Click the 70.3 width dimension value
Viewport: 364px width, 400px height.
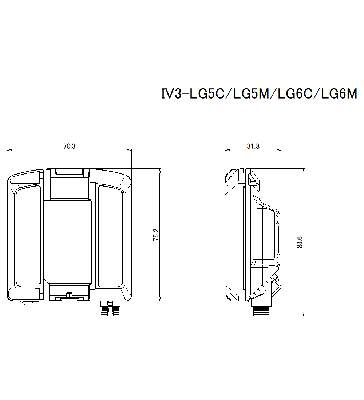coord(69,146)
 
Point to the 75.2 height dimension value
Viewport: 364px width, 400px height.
coord(155,235)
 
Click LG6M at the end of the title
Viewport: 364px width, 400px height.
coord(339,94)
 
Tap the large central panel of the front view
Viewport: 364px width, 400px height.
coord(67,242)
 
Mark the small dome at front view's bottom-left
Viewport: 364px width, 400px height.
coord(28,304)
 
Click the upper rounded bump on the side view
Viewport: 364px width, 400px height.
coord(279,218)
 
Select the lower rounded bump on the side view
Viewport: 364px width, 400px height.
coord(279,259)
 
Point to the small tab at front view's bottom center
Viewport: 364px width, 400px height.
coord(69,295)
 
